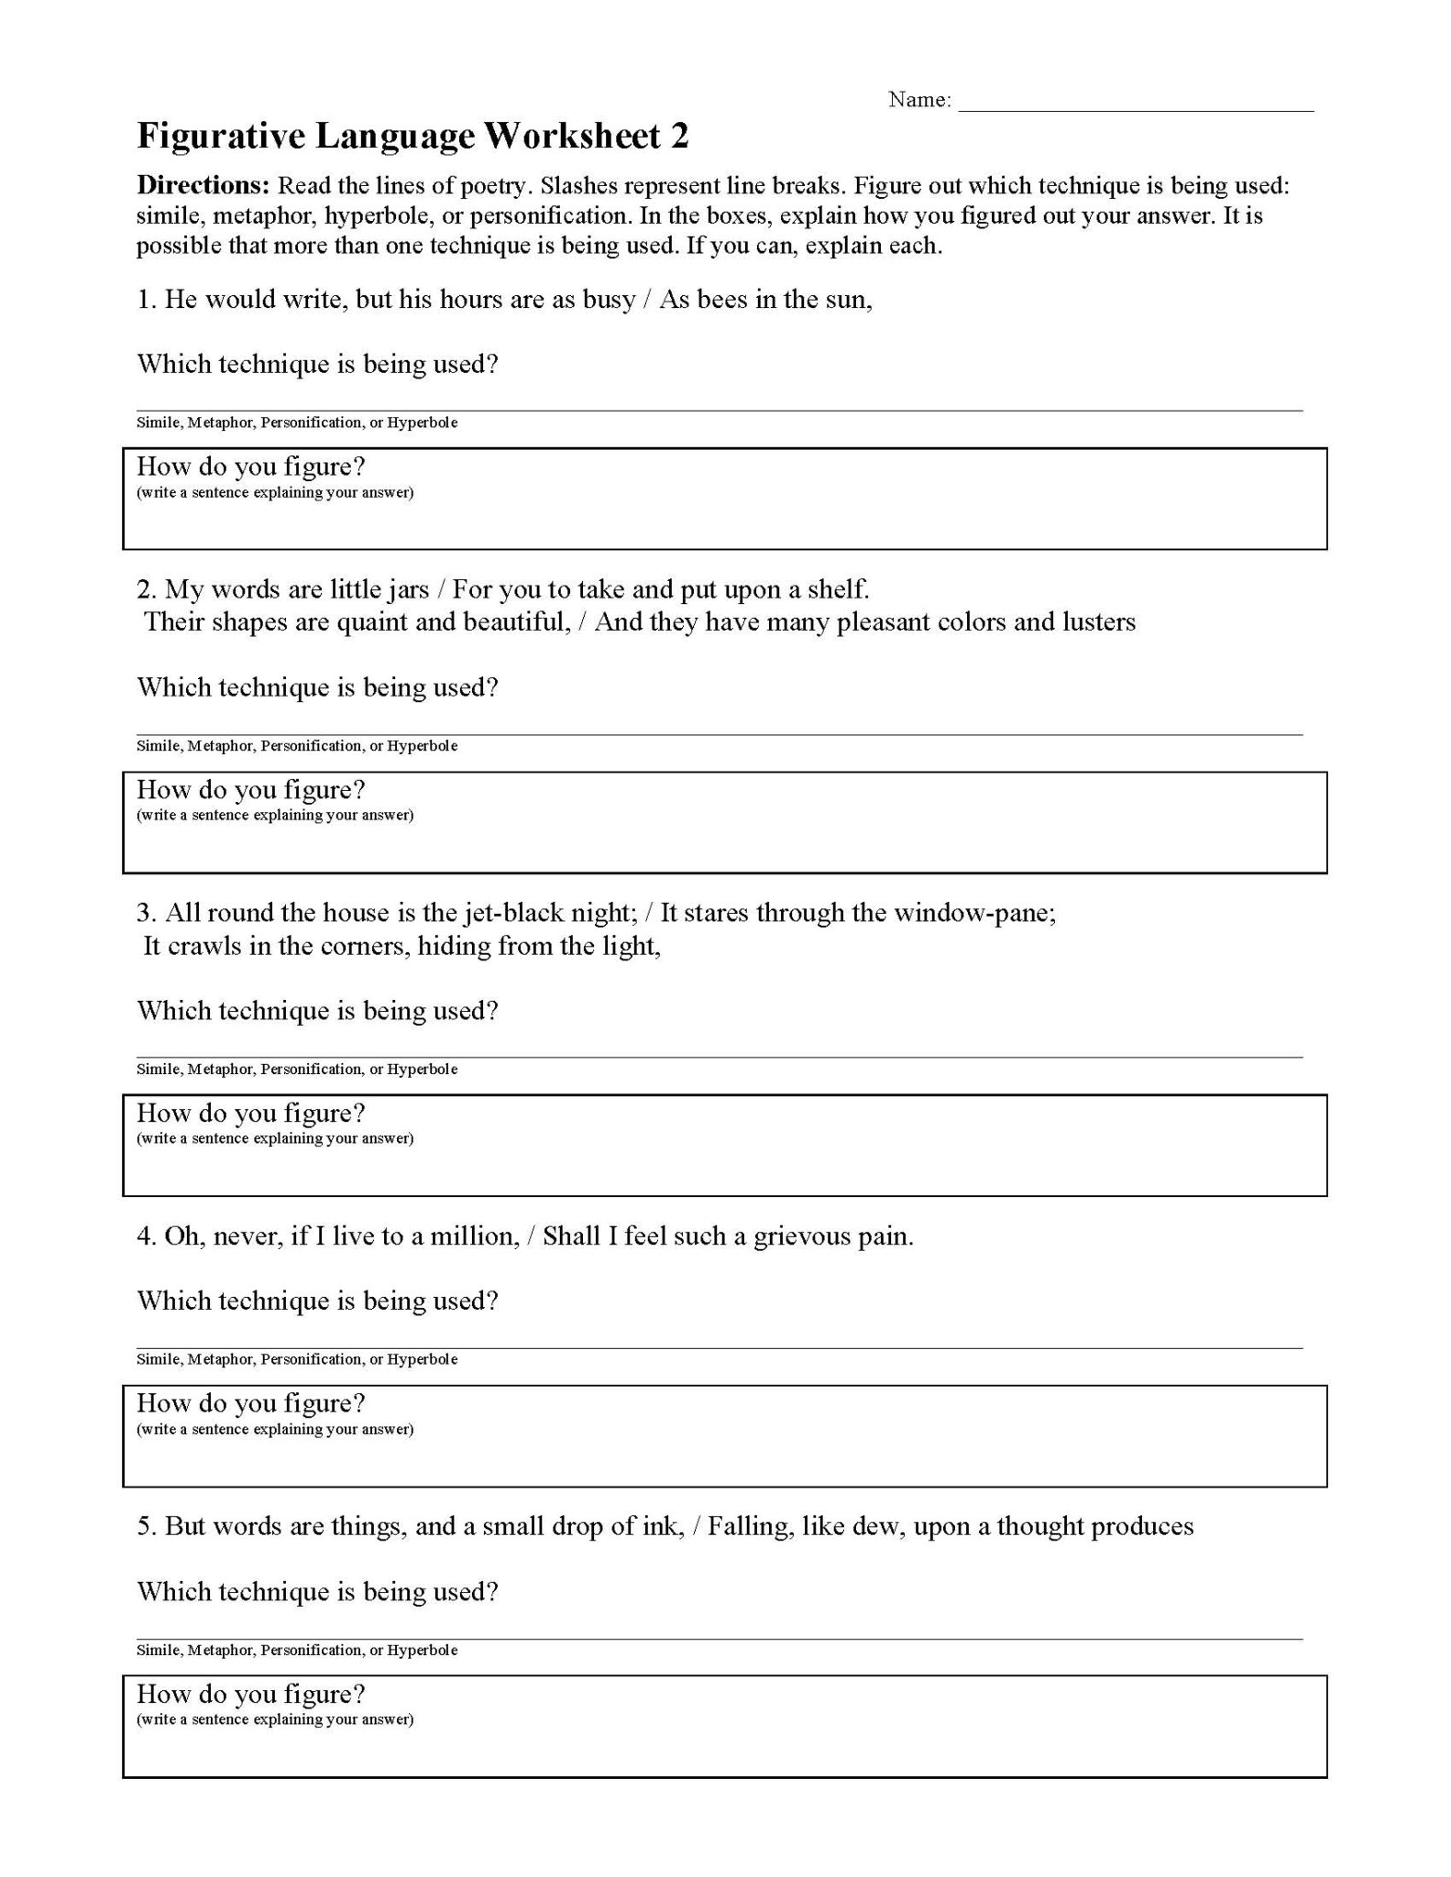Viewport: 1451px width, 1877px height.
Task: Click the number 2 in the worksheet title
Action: coord(679,137)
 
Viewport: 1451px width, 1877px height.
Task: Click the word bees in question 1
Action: coord(723,300)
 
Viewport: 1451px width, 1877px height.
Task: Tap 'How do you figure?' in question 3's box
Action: coord(250,1114)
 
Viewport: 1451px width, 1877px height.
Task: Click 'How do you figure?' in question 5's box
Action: coord(250,1694)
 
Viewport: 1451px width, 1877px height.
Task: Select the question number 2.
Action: coord(147,589)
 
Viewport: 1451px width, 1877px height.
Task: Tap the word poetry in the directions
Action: coord(491,186)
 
